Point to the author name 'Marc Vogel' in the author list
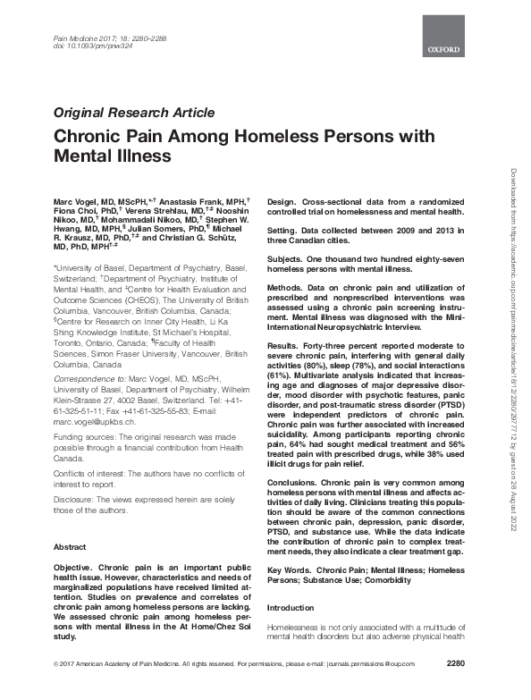pos(72,195)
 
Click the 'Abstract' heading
pos(71,545)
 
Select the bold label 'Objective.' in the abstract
pos(79,567)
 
